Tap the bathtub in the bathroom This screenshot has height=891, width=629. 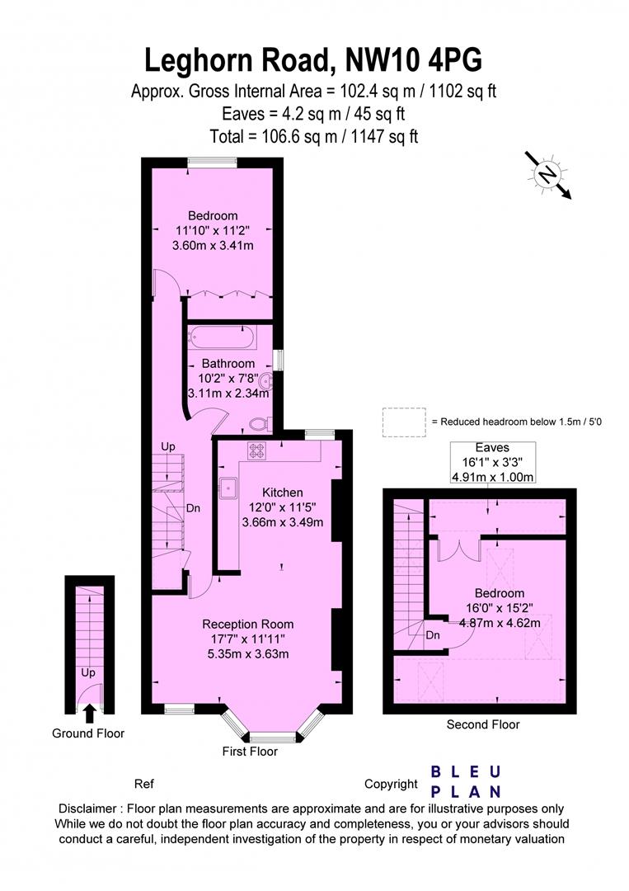click(x=223, y=337)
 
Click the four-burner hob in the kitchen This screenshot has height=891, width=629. click(x=256, y=451)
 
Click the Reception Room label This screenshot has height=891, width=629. click(x=248, y=624)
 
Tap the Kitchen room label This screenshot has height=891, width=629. click(x=282, y=492)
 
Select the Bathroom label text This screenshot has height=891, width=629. click(x=228, y=363)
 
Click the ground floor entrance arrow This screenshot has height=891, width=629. click(x=89, y=713)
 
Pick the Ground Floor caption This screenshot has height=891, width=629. click(x=88, y=733)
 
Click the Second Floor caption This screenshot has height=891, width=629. click(x=483, y=724)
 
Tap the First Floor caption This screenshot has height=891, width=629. click(x=250, y=752)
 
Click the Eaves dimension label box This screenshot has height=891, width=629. click(x=493, y=462)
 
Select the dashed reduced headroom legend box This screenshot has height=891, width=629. click(x=404, y=422)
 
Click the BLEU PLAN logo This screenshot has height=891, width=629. click(x=466, y=781)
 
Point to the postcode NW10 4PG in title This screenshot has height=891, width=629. click(x=414, y=60)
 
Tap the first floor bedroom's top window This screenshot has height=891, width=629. click(x=213, y=163)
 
